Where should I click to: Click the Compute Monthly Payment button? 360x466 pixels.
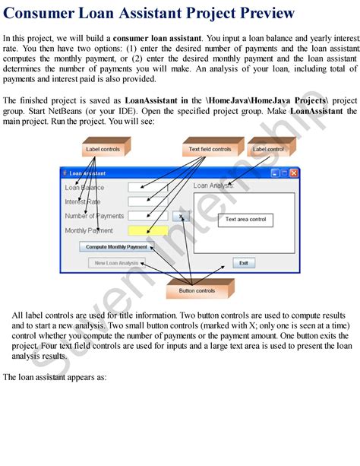116,246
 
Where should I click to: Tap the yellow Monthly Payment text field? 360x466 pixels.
148,230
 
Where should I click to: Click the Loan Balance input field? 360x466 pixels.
148,187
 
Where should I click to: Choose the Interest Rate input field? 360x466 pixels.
148,201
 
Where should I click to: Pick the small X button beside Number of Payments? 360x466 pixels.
181,216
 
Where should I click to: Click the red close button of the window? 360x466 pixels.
293,173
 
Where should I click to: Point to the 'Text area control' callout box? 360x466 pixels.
245,220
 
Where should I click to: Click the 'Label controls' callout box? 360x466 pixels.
103,149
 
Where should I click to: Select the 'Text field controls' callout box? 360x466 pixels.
210,149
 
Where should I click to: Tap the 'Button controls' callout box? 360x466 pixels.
197,290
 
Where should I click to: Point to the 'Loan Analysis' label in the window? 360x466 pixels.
213,185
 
